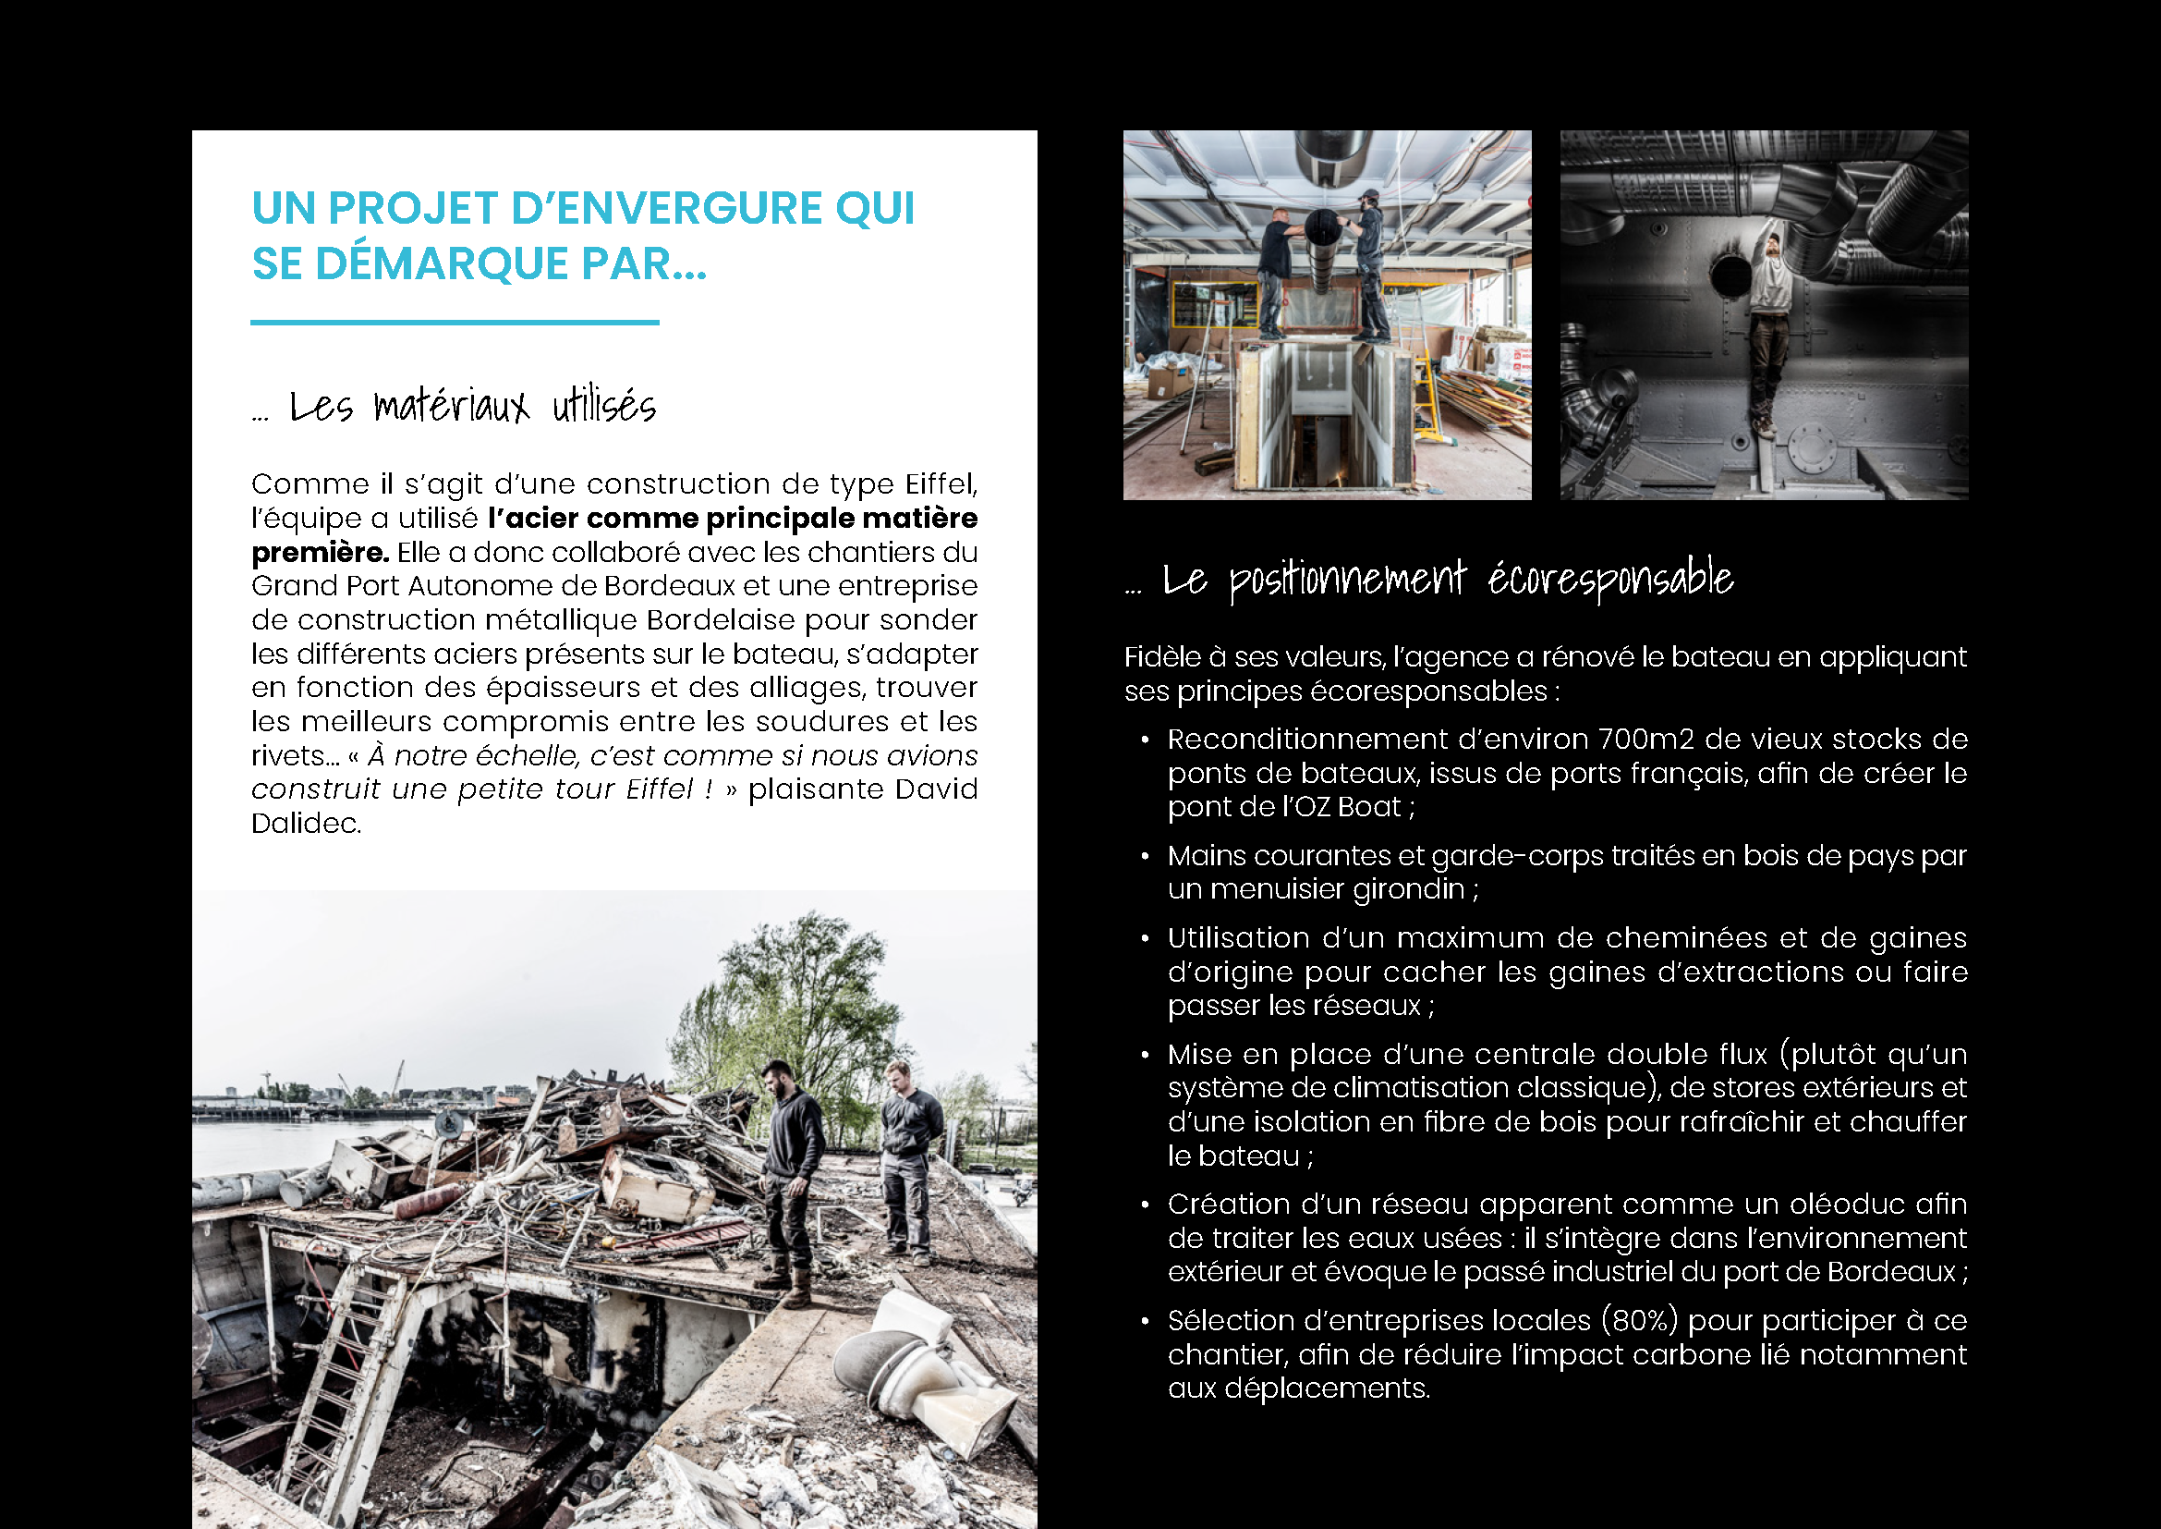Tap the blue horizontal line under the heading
coord(455,322)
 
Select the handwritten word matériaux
coord(452,407)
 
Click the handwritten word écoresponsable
coord(1609,579)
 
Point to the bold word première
coord(320,553)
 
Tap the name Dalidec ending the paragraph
coord(306,824)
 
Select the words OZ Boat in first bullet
coord(1349,807)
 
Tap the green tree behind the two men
coord(800,998)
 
